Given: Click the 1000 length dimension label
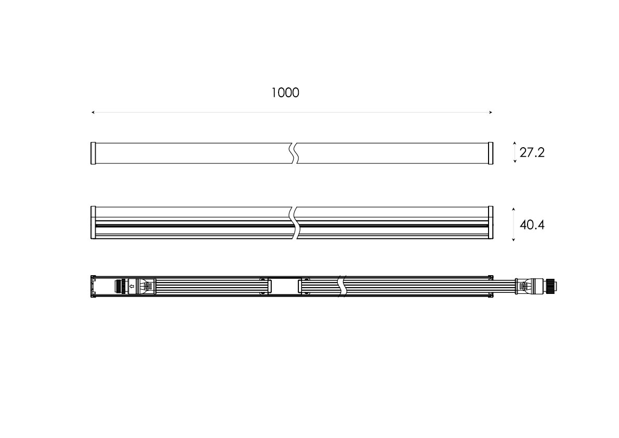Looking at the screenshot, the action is point(285,93).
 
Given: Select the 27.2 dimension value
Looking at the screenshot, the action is point(532,152).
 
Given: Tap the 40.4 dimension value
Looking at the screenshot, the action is point(532,225).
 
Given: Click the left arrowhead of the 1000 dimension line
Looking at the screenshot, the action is point(93,112).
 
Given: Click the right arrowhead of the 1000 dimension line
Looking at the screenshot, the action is point(491,112).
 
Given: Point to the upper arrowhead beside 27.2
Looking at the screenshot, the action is point(515,143).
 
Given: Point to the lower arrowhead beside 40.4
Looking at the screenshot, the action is point(513,239).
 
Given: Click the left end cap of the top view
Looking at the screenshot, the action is point(93,153).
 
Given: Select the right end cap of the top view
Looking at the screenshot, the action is point(491,153).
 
